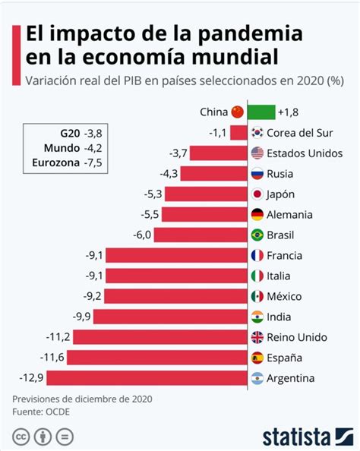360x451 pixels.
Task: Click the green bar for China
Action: pyautogui.click(x=261, y=112)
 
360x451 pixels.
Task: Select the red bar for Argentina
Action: pyautogui.click(x=147, y=378)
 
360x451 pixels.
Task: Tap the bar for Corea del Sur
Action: pyautogui.click(x=238, y=133)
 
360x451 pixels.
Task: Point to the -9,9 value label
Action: pyautogui.click(x=82, y=317)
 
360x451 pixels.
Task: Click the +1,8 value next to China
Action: pyautogui.click(x=288, y=112)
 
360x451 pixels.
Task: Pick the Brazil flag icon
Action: pyautogui.click(x=257, y=235)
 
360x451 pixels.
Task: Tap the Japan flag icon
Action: pyautogui.click(x=257, y=194)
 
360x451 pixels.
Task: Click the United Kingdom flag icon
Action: pyautogui.click(x=257, y=337)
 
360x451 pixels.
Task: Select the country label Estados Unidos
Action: pyautogui.click(x=305, y=153)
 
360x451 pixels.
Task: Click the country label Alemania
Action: pyautogui.click(x=289, y=215)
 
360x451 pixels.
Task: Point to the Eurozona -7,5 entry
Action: pyautogui.click(x=67, y=162)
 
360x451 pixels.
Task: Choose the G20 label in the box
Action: pyautogui.click(x=70, y=134)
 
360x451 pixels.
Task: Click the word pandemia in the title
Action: pyautogui.click(x=251, y=34)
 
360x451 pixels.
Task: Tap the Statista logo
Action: pyautogui.click(x=308, y=437)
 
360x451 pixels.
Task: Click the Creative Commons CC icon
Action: pyautogui.click(x=21, y=437)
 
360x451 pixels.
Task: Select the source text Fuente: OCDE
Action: pyautogui.click(x=41, y=412)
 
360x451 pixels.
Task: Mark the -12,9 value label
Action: pyautogui.click(x=31, y=377)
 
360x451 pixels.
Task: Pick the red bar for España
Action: pyautogui.click(x=157, y=358)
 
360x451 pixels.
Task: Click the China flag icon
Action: pyautogui.click(x=238, y=112)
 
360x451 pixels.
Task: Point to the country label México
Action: pyautogui.click(x=284, y=296)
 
